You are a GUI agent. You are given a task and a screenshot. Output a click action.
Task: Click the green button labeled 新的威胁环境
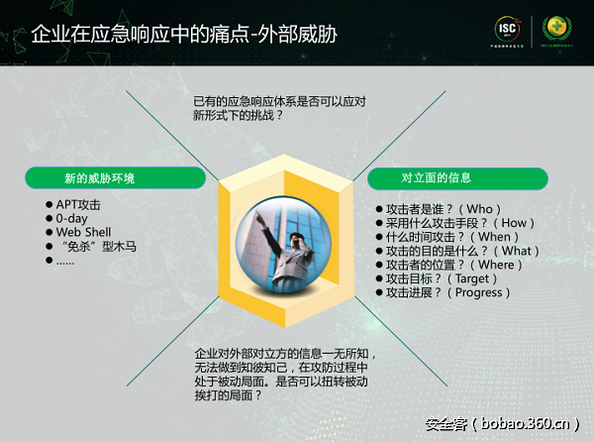coord(100,178)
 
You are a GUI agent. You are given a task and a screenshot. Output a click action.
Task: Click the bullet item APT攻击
coord(78,205)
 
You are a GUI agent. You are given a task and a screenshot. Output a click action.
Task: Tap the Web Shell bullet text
coord(83,233)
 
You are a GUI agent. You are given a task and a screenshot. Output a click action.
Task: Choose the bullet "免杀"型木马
coord(96,247)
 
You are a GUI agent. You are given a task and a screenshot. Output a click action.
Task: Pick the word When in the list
coord(494,237)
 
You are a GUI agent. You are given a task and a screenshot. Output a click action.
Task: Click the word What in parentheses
coord(522,251)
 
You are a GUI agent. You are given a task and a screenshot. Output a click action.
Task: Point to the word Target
coord(479,278)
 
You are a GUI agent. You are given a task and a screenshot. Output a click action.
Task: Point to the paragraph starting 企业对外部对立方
coord(286,374)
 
